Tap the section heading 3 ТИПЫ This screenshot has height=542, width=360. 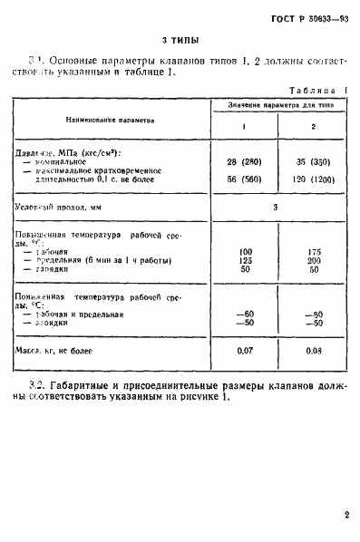pyautogui.click(x=180, y=41)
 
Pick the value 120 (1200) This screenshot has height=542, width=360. pyautogui.click(x=314, y=179)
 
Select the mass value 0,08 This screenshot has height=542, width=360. pyautogui.click(x=314, y=349)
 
